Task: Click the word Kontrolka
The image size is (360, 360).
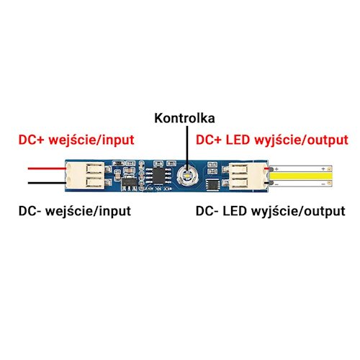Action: point(184,118)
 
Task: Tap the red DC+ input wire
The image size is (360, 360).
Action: point(47,168)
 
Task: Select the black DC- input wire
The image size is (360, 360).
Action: point(47,183)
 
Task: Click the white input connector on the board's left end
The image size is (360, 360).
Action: point(85,176)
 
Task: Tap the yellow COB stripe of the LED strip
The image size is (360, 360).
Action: point(301,176)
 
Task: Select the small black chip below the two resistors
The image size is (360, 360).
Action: point(212,184)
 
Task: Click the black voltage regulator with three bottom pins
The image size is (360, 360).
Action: point(129,183)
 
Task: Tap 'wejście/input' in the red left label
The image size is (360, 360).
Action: point(91,140)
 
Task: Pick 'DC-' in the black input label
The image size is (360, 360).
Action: point(30,211)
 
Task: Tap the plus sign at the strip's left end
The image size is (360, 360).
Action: point(276,169)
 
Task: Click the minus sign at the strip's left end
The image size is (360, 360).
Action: point(276,184)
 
